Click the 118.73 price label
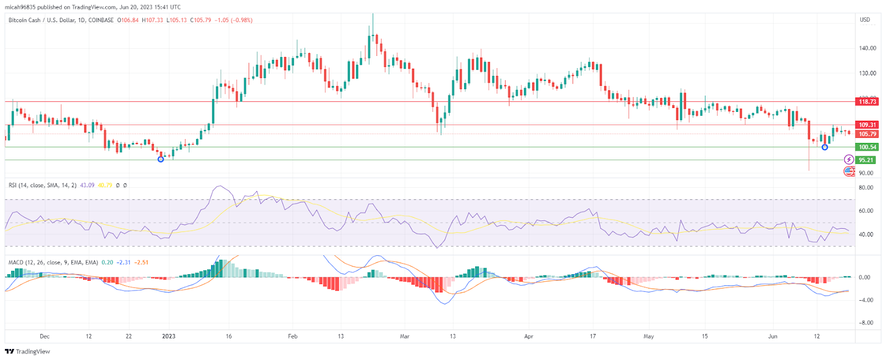click(x=867, y=101)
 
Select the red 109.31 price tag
click(x=867, y=125)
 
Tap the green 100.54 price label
click(x=867, y=147)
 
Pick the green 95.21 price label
click(x=866, y=160)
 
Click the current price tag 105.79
click(x=867, y=134)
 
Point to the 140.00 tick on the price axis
click(x=867, y=48)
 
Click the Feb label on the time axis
click(x=293, y=336)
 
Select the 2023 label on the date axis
click(x=168, y=336)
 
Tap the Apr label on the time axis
click(x=528, y=336)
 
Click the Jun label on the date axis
click(x=772, y=336)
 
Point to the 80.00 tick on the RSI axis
click(x=866, y=188)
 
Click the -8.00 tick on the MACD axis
click(x=866, y=323)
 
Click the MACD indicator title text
click(x=53, y=263)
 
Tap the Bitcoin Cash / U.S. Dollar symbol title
click(x=61, y=20)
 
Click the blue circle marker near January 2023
click(x=161, y=160)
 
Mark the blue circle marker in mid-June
click(x=825, y=147)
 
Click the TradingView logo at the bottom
click(x=27, y=352)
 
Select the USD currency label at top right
click(x=864, y=20)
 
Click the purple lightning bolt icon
click(x=849, y=160)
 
